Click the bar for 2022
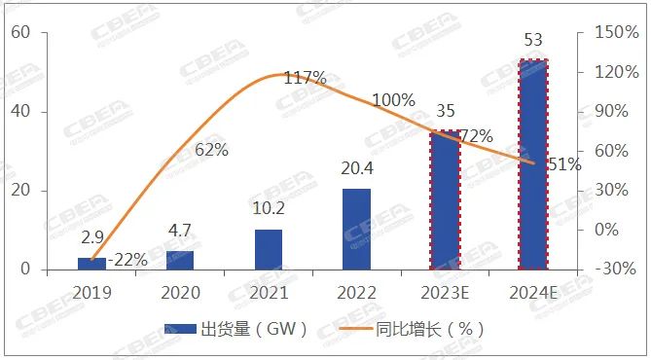point(357,230)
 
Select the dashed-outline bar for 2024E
point(533,164)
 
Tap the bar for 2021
point(269,249)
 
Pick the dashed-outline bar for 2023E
point(445,199)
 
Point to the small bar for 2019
point(91,264)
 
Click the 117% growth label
point(305,78)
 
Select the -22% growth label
point(127,259)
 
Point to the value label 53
point(533,41)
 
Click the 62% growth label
point(211,150)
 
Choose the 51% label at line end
point(564,164)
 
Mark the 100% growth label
point(393,100)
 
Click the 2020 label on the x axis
point(180,291)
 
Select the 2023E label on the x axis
point(445,291)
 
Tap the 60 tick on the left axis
point(21,33)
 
